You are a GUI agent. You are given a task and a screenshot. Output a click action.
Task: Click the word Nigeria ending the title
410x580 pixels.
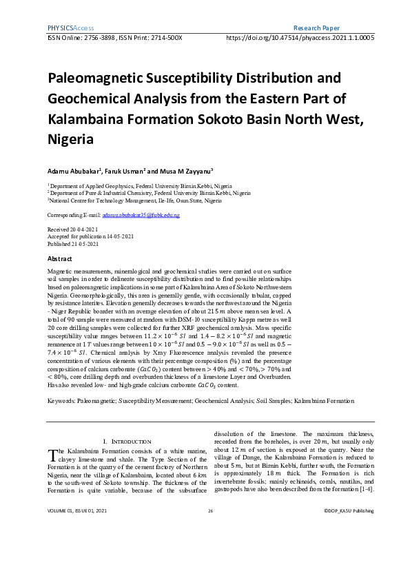pos(70,138)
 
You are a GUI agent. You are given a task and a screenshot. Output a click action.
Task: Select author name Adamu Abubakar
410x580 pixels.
pos(74,170)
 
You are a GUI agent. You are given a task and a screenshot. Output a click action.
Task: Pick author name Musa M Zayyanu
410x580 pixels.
pos(185,170)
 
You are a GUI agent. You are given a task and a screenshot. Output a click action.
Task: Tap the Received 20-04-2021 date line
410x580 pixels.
pos(73,228)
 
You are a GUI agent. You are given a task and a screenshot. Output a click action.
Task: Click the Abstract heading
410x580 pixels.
pos(59,258)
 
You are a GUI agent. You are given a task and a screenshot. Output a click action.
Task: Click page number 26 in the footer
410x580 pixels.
pos(210,549)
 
